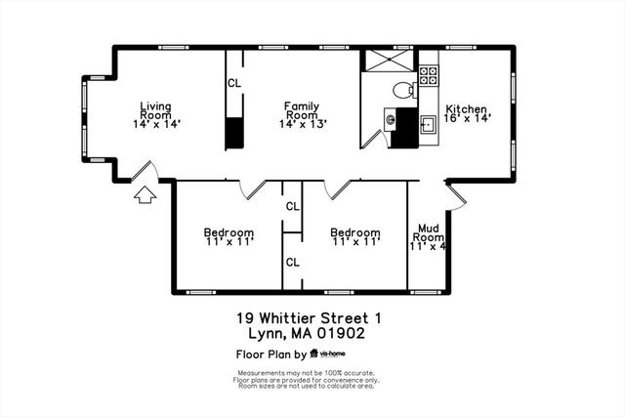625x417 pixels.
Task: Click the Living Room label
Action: click(156, 115)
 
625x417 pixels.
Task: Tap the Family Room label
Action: click(303, 115)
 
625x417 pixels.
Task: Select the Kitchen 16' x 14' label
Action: click(467, 113)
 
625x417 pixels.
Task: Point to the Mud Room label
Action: click(428, 237)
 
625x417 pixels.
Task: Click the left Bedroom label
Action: click(229, 236)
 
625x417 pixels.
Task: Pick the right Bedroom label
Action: click(355, 236)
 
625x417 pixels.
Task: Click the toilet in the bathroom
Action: click(404, 90)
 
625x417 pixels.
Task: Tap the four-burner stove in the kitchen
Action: click(429, 75)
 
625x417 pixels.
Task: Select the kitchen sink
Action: click(429, 125)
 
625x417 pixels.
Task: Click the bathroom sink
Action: click(390, 119)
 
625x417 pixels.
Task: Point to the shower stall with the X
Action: click(389, 61)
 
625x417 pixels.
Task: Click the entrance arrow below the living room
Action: click(145, 194)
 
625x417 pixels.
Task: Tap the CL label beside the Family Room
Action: click(234, 83)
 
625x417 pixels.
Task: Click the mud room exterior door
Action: click(456, 195)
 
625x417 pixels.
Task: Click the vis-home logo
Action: click(328, 354)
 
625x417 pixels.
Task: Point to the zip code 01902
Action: click(341, 333)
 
